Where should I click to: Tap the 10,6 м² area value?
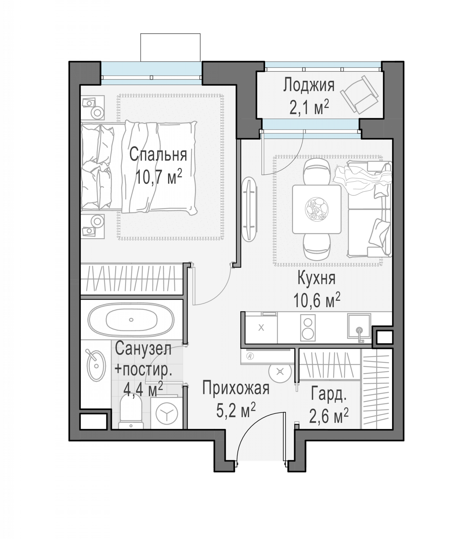(x=317, y=300)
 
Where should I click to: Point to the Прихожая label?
(x=236, y=389)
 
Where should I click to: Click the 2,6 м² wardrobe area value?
(x=329, y=416)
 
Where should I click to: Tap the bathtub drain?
(x=131, y=320)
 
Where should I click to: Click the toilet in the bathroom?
(x=131, y=414)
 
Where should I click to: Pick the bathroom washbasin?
(x=96, y=366)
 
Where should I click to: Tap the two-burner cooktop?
(x=307, y=328)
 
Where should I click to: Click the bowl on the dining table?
(x=317, y=209)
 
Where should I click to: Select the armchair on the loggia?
(x=359, y=94)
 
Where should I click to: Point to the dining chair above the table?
(x=317, y=172)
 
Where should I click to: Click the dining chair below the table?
(x=317, y=246)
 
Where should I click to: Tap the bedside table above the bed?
(x=93, y=108)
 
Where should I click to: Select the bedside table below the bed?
(x=93, y=226)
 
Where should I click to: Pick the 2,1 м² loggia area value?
(x=309, y=108)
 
